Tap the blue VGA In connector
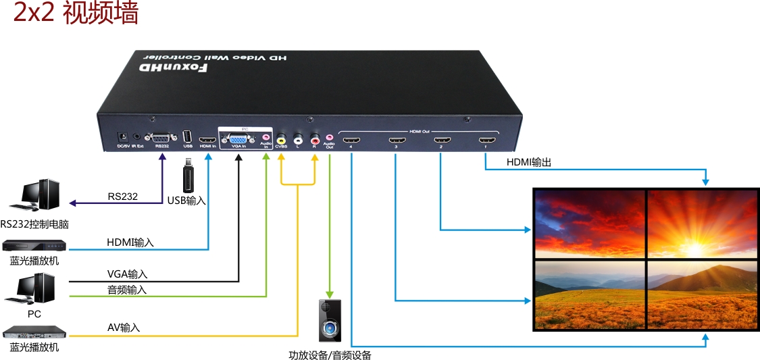[x=238, y=137]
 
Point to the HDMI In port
[x=208, y=138]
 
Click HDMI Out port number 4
[x=351, y=142]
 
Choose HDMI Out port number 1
[x=484, y=141]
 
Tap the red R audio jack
[x=315, y=139]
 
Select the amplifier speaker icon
[x=330, y=322]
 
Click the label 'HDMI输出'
[x=529, y=162]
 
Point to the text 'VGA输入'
[x=127, y=274]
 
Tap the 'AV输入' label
[x=124, y=328]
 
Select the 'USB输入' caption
[x=186, y=201]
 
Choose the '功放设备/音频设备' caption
[x=330, y=355]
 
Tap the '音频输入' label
[x=127, y=290]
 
